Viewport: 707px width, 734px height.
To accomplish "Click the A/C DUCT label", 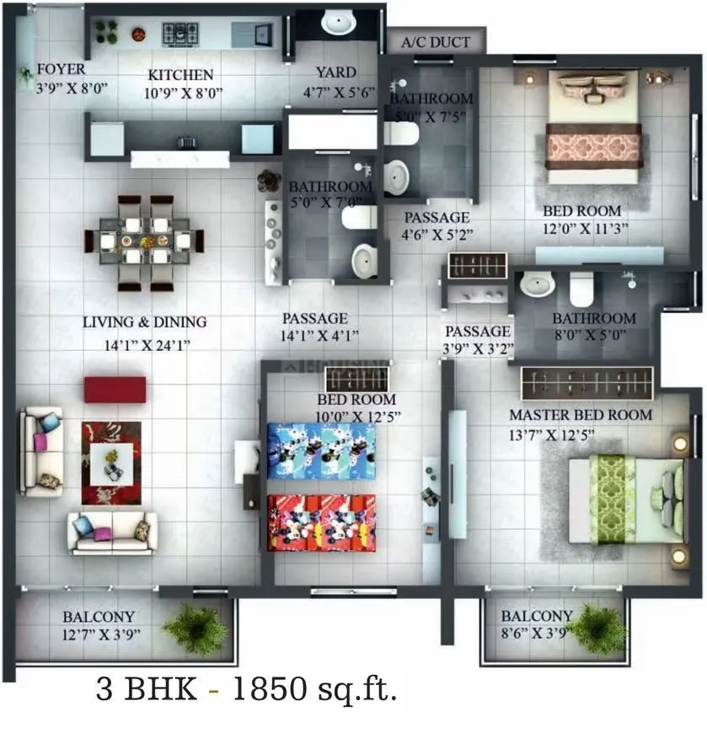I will click(436, 41).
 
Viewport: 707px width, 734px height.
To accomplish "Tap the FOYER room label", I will click(61, 69).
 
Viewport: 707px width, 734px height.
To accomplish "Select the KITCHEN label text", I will click(180, 74).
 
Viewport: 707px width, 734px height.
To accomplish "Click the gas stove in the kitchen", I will click(179, 34).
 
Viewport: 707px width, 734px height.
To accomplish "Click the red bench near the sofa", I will click(115, 389).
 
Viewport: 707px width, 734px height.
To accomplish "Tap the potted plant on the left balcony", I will click(195, 627).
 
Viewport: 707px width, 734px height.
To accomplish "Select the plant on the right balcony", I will click(599, 628).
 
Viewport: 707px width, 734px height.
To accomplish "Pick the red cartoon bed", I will click(321, 521).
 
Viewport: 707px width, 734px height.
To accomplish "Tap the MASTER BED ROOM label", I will click(580, 415).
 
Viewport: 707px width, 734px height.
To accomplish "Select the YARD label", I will click(335, 73).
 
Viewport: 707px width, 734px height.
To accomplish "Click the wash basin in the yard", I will click(337, 20).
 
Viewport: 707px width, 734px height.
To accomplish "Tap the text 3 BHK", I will click(147, 691).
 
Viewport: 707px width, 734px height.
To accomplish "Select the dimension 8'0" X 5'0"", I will click(594, 337).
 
